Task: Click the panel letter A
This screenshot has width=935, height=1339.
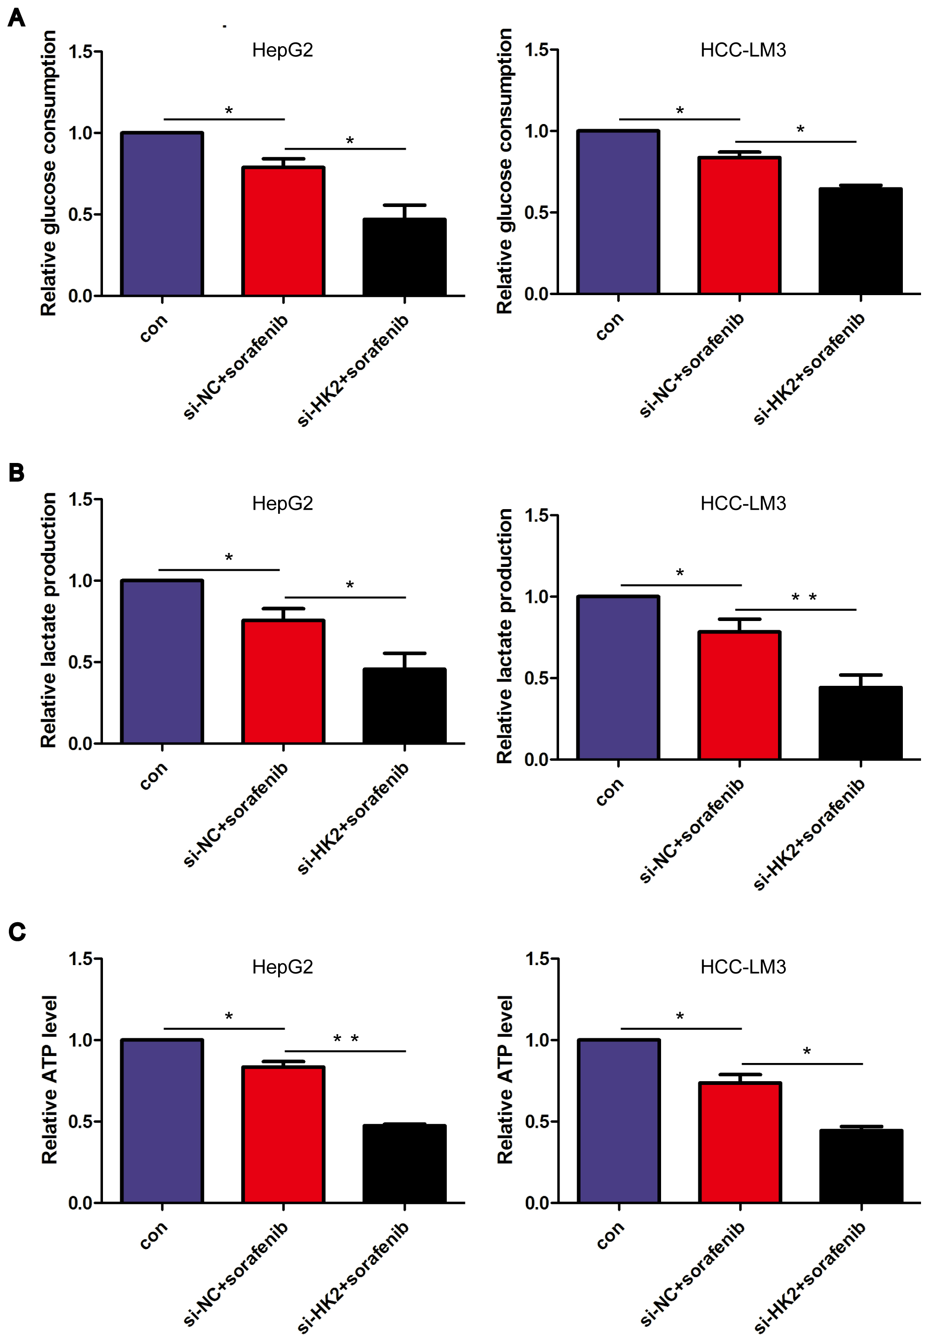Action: tap(16, 18)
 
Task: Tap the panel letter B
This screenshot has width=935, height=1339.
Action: tap(16, 472)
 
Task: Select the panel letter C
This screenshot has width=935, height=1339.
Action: tap(17, 932)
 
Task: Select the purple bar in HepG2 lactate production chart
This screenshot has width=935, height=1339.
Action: tap(162, 662)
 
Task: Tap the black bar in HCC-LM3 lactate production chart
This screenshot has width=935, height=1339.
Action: tap(860, 723)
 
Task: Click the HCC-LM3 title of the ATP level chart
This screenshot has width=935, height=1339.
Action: tap(743, 967)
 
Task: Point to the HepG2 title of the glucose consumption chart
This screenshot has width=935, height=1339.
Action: tap(283, 50)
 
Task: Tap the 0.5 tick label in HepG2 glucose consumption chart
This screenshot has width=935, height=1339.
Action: tap(81, 214)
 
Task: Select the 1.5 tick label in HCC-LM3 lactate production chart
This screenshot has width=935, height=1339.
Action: tap(537, 516)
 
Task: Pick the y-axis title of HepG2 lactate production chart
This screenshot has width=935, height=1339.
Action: tap(49, 620)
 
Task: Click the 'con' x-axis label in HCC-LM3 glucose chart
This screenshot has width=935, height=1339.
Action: tap(610, 326)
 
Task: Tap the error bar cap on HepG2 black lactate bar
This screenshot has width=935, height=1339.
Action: tap(404, 653)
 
